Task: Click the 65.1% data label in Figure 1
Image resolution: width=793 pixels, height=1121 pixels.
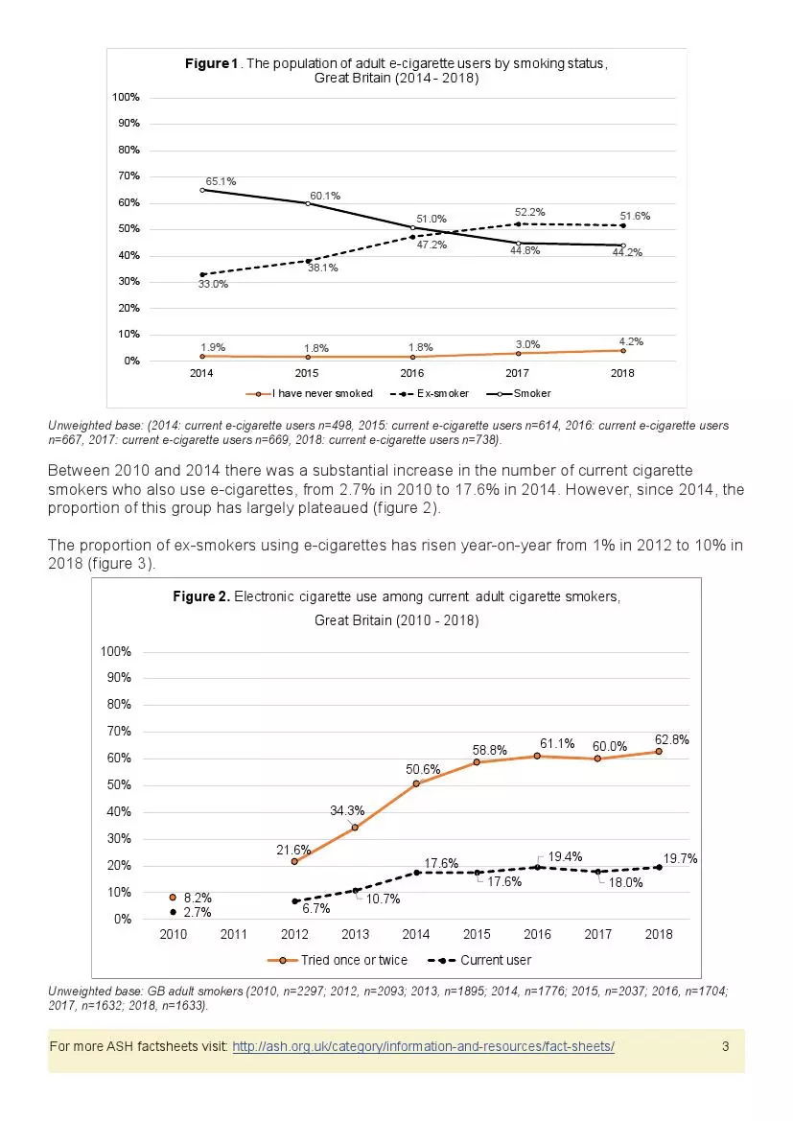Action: click(x=220, y=180)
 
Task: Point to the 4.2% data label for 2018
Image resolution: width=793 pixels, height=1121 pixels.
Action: click(x=630, y=341)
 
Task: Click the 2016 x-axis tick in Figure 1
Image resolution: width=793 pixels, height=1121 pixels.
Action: click(x=412, y=373)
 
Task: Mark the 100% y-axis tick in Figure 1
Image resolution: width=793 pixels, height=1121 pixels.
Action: click(x=127, y=98)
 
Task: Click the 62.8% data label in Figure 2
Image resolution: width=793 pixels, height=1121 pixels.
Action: click(x=671, y=739)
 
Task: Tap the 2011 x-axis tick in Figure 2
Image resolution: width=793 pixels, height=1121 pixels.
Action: click(x=234, y=934)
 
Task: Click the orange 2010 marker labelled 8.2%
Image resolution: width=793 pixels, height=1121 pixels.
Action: click(x=173, y=898)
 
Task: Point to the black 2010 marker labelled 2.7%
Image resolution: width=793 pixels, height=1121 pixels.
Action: click(x=173, y=912)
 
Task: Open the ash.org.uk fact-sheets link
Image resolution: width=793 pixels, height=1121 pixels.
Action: click(x=423, y=1045)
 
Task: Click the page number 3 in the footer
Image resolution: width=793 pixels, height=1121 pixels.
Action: click(x=725, y=1045)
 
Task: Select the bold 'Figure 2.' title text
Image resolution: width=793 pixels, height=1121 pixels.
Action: click(x=201, y=596)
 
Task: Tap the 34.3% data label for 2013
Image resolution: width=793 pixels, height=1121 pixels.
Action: click(x=347, y=810)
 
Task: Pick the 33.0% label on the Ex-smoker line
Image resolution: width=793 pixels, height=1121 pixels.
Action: click(x=212, y=284)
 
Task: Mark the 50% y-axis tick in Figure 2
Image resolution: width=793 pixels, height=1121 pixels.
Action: click(x=116, y=785)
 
